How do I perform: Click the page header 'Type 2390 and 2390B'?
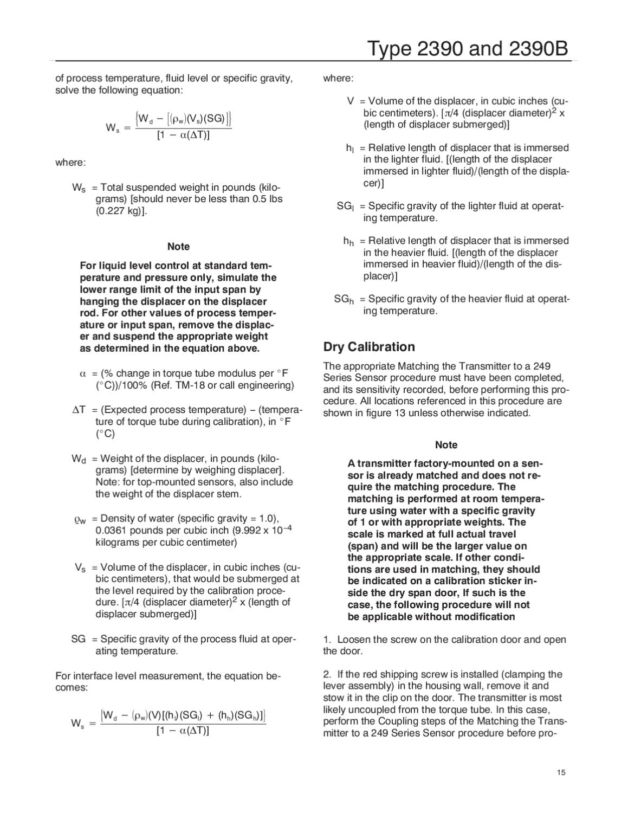468,49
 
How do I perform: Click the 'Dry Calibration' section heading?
369,347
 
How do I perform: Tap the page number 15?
561,772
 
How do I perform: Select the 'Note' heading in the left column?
178,247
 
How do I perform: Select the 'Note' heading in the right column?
446,445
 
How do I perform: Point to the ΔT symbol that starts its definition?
79,410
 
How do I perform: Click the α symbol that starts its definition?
83,373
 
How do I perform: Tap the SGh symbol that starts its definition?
344,299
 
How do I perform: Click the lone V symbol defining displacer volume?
351,101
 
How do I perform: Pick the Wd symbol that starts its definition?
79,459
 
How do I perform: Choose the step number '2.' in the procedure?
327,674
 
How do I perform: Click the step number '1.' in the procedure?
327,640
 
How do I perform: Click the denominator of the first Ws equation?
183,135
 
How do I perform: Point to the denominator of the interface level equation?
183,731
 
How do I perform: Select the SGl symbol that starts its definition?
345,207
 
